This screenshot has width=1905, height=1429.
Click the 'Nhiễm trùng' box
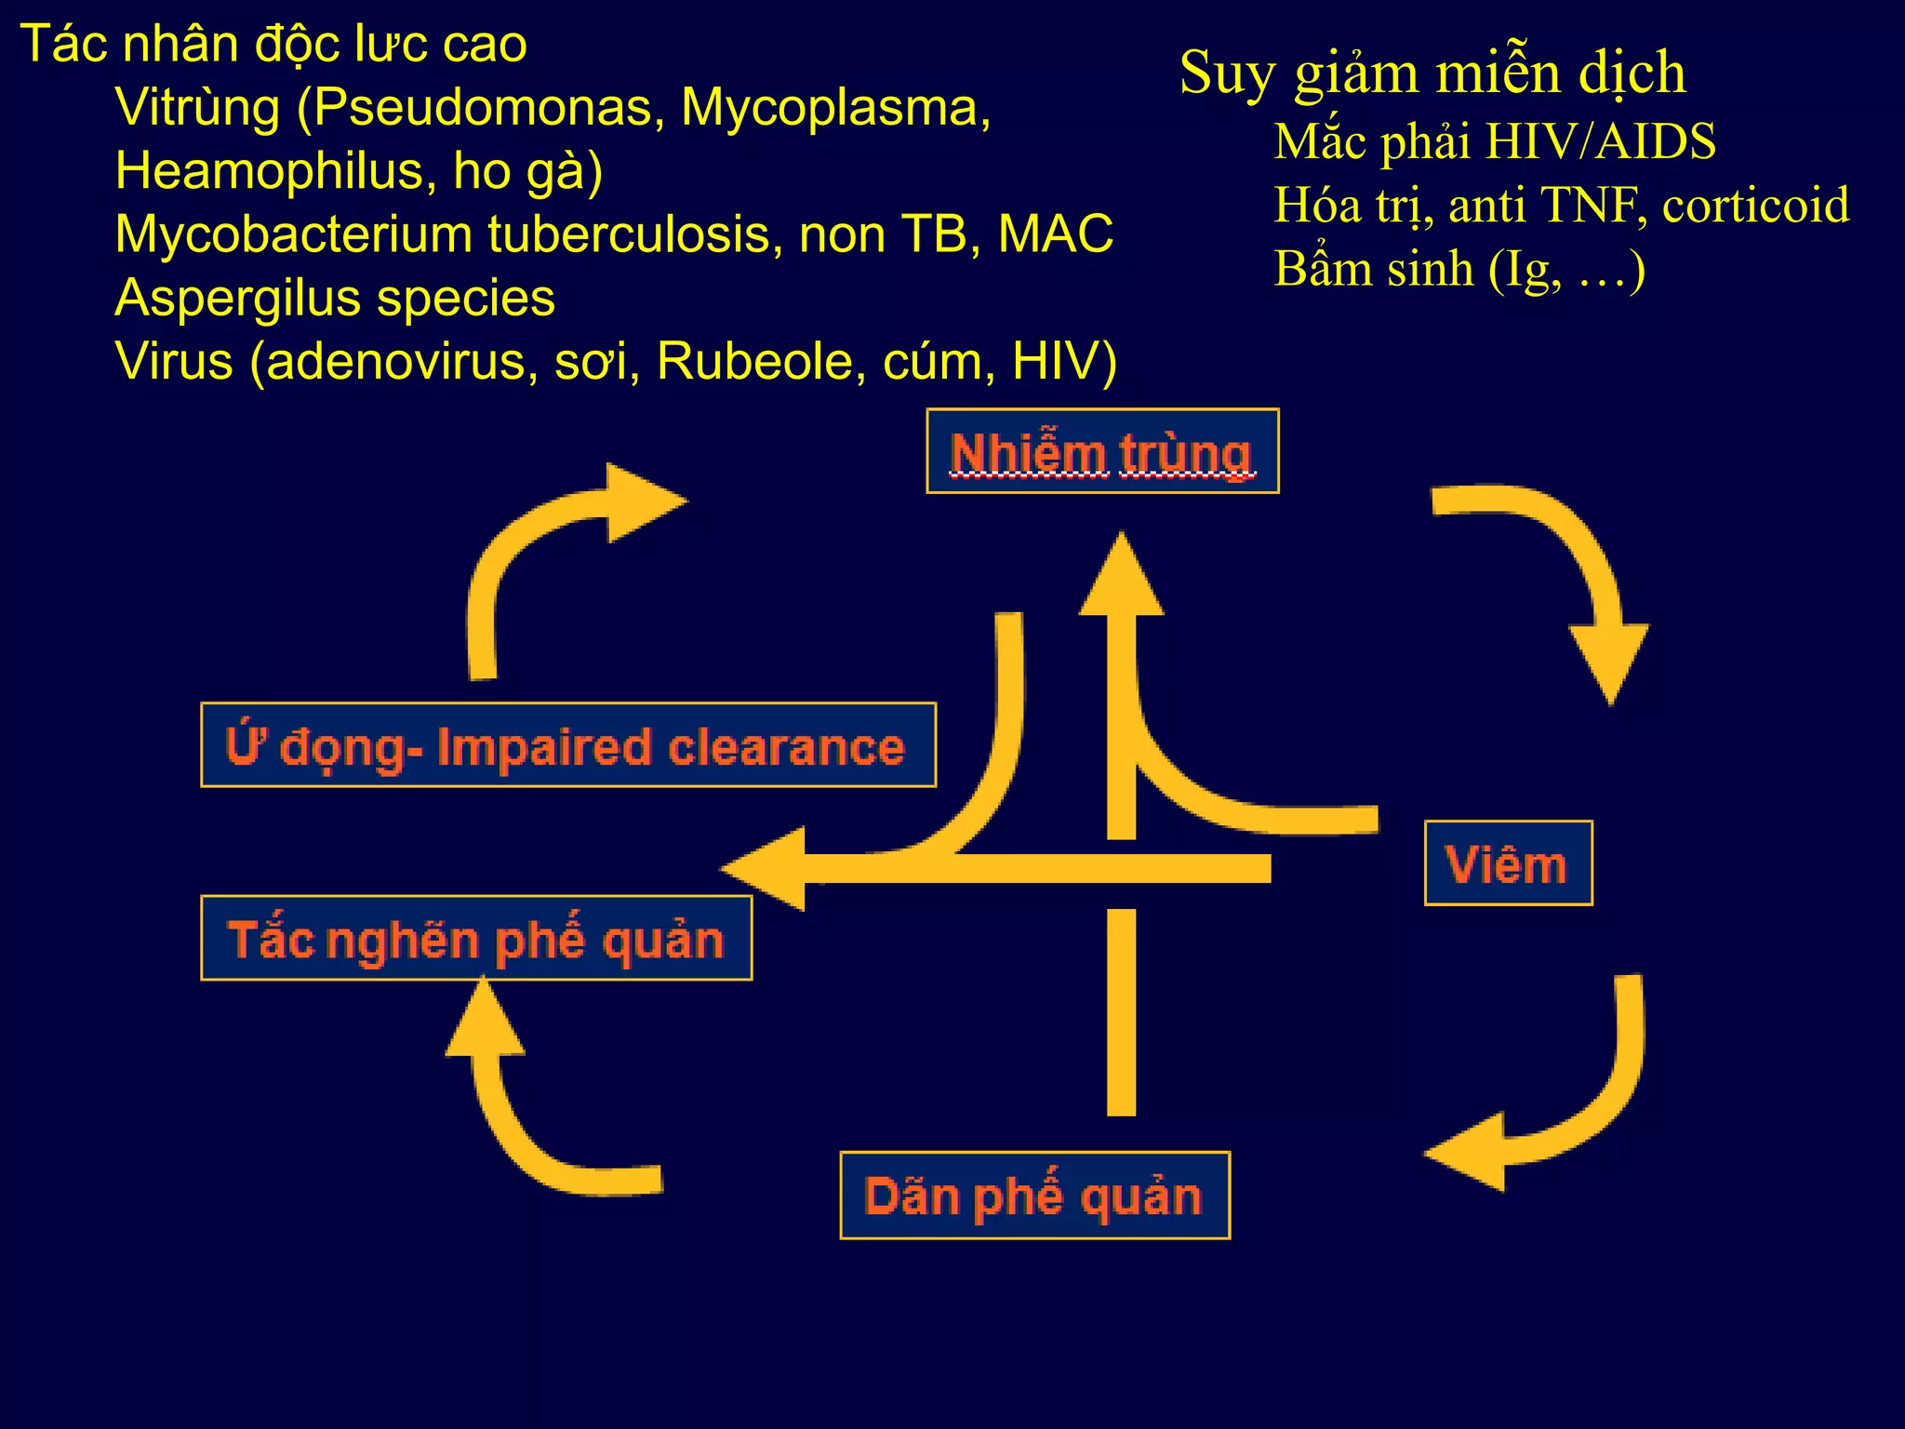(1102, 452)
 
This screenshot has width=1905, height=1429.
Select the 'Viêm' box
(1508, 863)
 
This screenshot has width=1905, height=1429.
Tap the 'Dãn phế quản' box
(1034, 1195)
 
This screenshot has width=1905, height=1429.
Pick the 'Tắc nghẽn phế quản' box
(476, 938)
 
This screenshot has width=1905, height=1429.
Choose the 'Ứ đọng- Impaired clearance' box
(567, 745)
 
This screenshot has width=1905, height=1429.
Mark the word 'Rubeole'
(754, 362)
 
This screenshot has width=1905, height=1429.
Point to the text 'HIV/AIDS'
(1600, 142)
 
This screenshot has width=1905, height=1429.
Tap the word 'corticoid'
(1755, 206)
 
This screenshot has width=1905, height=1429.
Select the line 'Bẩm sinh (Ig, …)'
(1459, 270)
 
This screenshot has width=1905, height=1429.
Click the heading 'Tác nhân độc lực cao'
(273, 44)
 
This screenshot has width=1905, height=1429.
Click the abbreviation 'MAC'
(1055, 234)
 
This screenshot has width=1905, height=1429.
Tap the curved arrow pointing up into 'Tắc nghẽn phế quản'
(521, 1107)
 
